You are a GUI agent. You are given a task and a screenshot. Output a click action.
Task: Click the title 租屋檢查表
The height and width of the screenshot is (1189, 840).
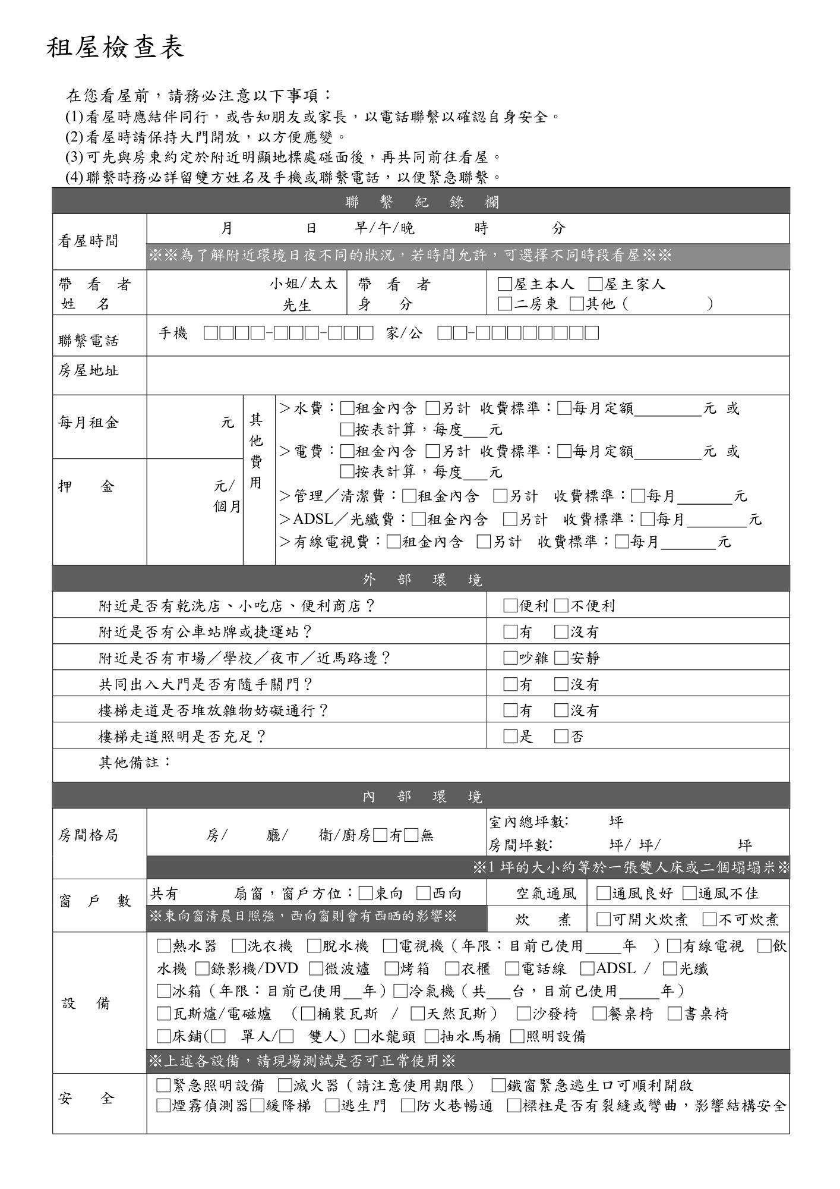(x=116, y=48)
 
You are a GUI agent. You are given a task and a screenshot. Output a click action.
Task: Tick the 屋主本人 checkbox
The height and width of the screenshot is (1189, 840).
(x=505, y=285)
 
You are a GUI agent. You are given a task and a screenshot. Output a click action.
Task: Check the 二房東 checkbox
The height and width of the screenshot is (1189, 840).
(x=505, y=304)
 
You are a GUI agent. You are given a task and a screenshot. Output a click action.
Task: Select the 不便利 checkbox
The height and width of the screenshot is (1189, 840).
(x=561, y=606)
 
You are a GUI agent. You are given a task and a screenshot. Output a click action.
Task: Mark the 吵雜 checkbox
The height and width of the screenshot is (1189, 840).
(x=510, y=658)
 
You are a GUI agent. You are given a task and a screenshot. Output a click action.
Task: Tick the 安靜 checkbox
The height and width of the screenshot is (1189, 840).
(x=561, y=658)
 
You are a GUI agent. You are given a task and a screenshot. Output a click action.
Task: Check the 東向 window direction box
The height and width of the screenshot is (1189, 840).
(x=366, y=894)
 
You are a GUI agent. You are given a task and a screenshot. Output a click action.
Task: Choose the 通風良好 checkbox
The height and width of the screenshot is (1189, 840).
(x=603, y=894)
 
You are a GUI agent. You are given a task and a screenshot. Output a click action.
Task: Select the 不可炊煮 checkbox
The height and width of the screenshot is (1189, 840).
(x=709, y=920)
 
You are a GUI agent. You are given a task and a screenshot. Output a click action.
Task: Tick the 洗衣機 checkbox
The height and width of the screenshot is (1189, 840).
(x=239, y=946)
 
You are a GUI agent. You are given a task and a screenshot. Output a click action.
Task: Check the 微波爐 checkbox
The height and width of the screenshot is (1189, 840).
(x=316, y=968)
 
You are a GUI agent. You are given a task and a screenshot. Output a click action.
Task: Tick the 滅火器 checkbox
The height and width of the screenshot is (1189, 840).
(x=285, y=1086)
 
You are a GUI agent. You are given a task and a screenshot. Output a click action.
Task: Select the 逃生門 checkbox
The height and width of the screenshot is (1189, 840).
(x=332, y=1106)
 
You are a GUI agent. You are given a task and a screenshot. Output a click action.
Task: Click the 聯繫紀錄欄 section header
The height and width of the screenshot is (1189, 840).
(x=421, y=202)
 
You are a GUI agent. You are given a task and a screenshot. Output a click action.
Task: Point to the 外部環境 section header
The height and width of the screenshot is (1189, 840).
(x=421, y=580)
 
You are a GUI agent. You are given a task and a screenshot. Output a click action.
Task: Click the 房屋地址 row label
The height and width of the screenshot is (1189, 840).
(x=89, y=371)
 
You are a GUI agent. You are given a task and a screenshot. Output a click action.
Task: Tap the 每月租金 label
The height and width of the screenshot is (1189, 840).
(x=89, y=423)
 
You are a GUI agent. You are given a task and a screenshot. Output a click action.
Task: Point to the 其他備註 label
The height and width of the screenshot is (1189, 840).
(x=135, y=762)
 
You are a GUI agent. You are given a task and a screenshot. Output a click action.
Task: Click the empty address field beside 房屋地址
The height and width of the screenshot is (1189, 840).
(x=468, y=375)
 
